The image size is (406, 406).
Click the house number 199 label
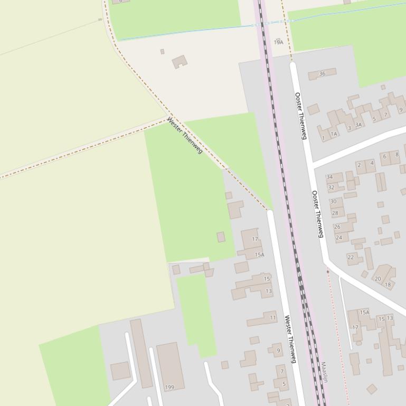click(x=169, y=387)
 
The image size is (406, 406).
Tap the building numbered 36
click(x=322, y=74)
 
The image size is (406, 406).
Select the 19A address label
click(x=278, y=42)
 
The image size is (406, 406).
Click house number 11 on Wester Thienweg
click(x=273, y=318)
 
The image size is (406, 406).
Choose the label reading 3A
click(x=358, y=125)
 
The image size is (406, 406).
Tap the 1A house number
click(x=334, y=134)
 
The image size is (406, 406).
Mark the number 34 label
click(x=329, y=177)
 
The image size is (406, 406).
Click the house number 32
click(x=331, y=187)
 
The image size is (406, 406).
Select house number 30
click(x=333, y=201)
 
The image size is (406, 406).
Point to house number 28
click(x=335, y=213)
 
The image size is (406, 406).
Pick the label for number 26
click(x=337, y=227)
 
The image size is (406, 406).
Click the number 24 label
click(x=339, y=238)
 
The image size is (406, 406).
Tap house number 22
click(x=351, y=257)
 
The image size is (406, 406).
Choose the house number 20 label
click(x=377, y=279)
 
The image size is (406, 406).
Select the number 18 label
click(x=388, y=285)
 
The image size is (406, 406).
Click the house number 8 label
click(x=397, y=154)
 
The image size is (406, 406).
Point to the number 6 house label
click(x=384, y=156)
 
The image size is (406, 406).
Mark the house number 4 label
click(x=372, y=163)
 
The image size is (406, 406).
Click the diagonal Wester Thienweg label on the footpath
click(x=185, y=136)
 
